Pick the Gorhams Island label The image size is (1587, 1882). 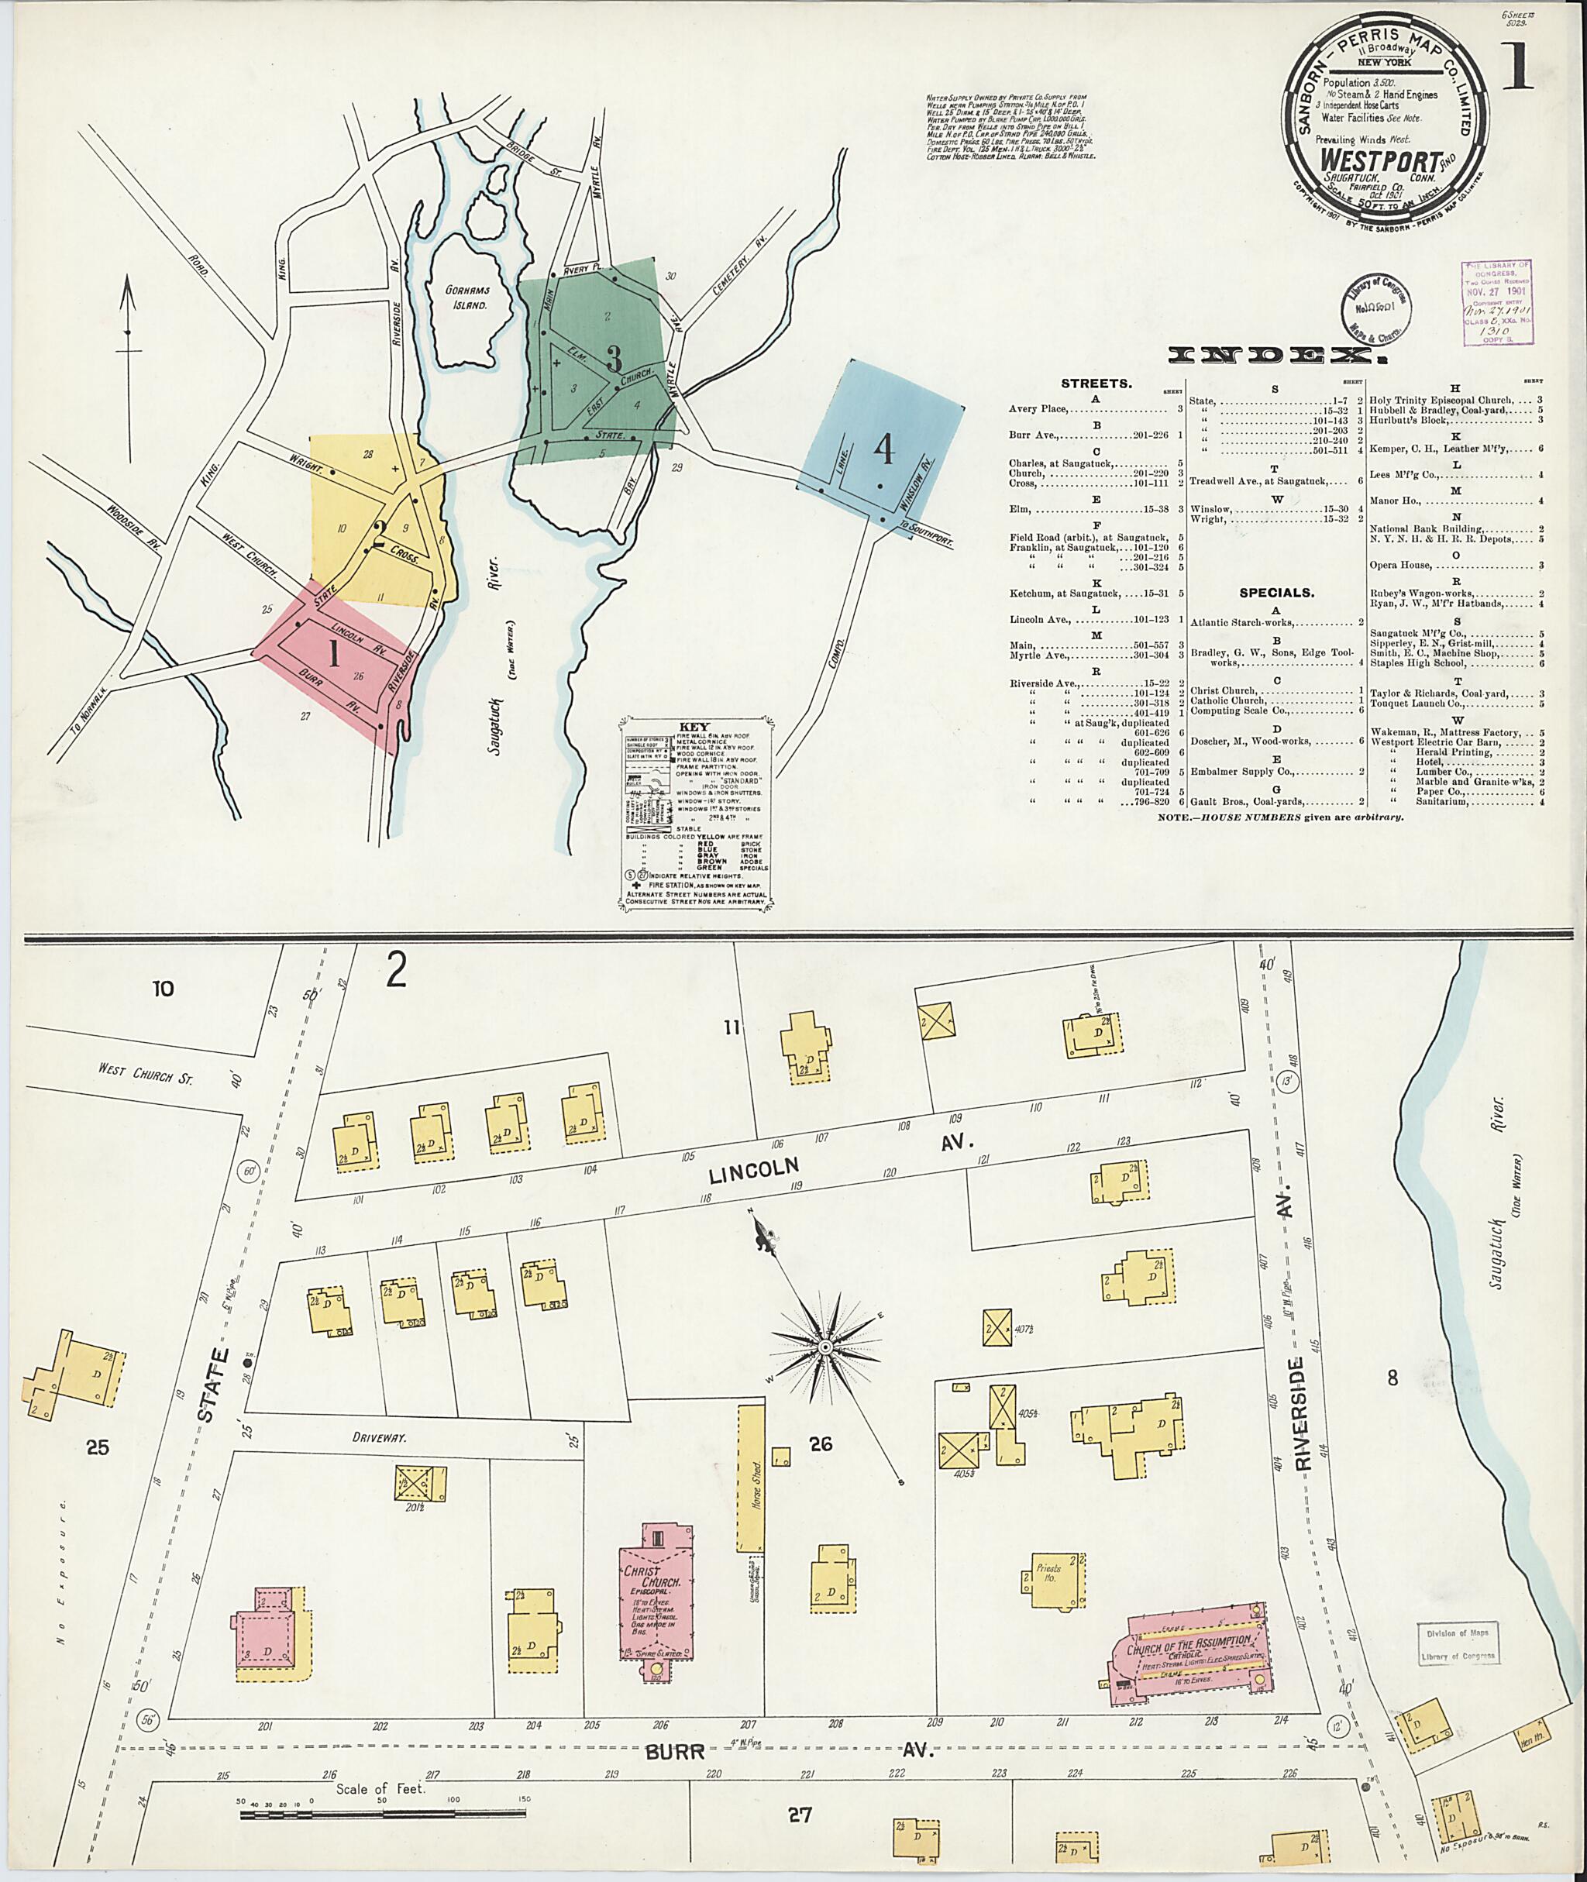click(x=465, y=298)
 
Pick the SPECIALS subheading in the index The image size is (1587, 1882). click(x=1276, y=593)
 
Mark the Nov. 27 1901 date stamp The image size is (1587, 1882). click(x=1496, y=291)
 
